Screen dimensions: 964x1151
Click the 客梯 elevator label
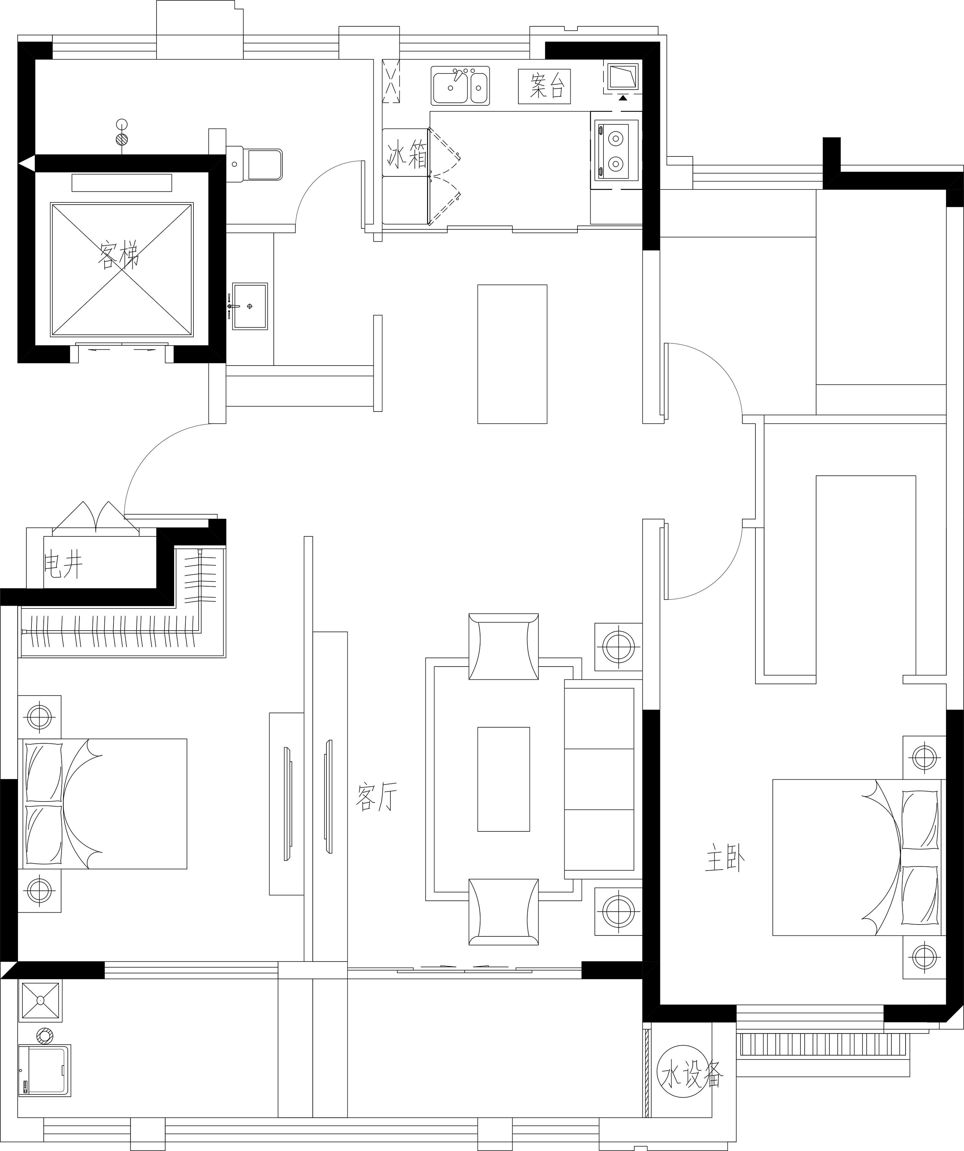pos(119,256)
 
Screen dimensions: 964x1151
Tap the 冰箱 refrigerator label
pos(407,155)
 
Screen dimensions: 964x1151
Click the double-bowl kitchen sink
pos(460,85)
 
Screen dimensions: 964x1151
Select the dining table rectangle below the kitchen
pos(512,354)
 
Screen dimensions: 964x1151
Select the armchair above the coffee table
pos(504,646)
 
